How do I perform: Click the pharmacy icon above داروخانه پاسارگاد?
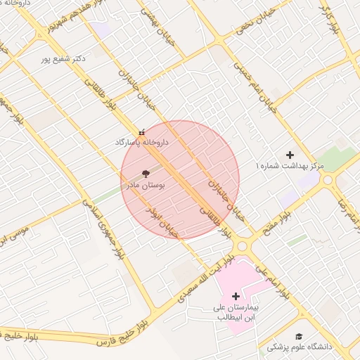[143, 131]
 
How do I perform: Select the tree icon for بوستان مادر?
[146, 173]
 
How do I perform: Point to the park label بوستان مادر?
[145, 186]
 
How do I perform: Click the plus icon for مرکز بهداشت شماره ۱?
[290, 155]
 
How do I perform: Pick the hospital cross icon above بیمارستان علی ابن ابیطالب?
[236, 296]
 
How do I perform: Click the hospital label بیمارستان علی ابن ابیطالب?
[236, 313]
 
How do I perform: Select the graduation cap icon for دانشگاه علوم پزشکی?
[299, 337]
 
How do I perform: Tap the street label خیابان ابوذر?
[162, 221]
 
